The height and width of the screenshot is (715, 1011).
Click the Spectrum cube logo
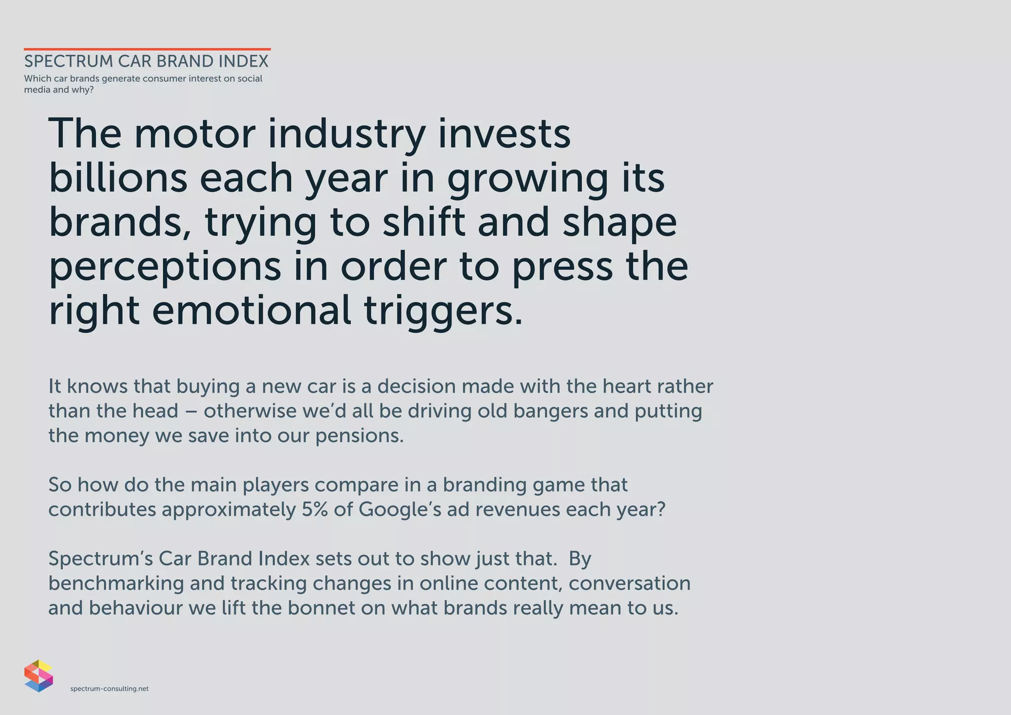pos(39,675)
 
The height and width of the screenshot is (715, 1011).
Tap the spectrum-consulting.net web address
pos(110,689)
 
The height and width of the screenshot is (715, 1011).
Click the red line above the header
pos(147,49)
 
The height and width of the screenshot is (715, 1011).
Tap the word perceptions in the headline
pos(165,267)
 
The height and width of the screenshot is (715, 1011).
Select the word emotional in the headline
pos(251,311)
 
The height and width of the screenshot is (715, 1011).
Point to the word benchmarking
pos(116,584)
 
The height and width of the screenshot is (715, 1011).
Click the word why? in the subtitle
pos(82,90)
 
